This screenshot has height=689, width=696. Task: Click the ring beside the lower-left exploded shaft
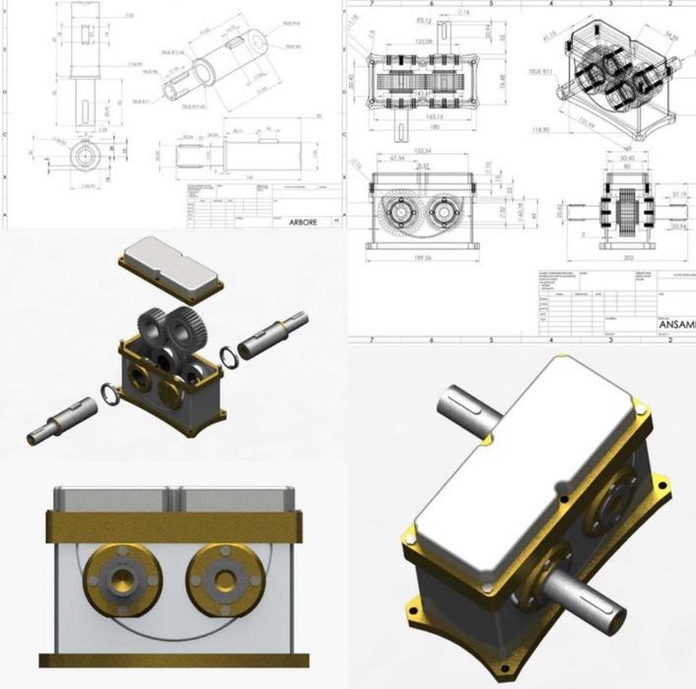(x=111, y=396)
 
